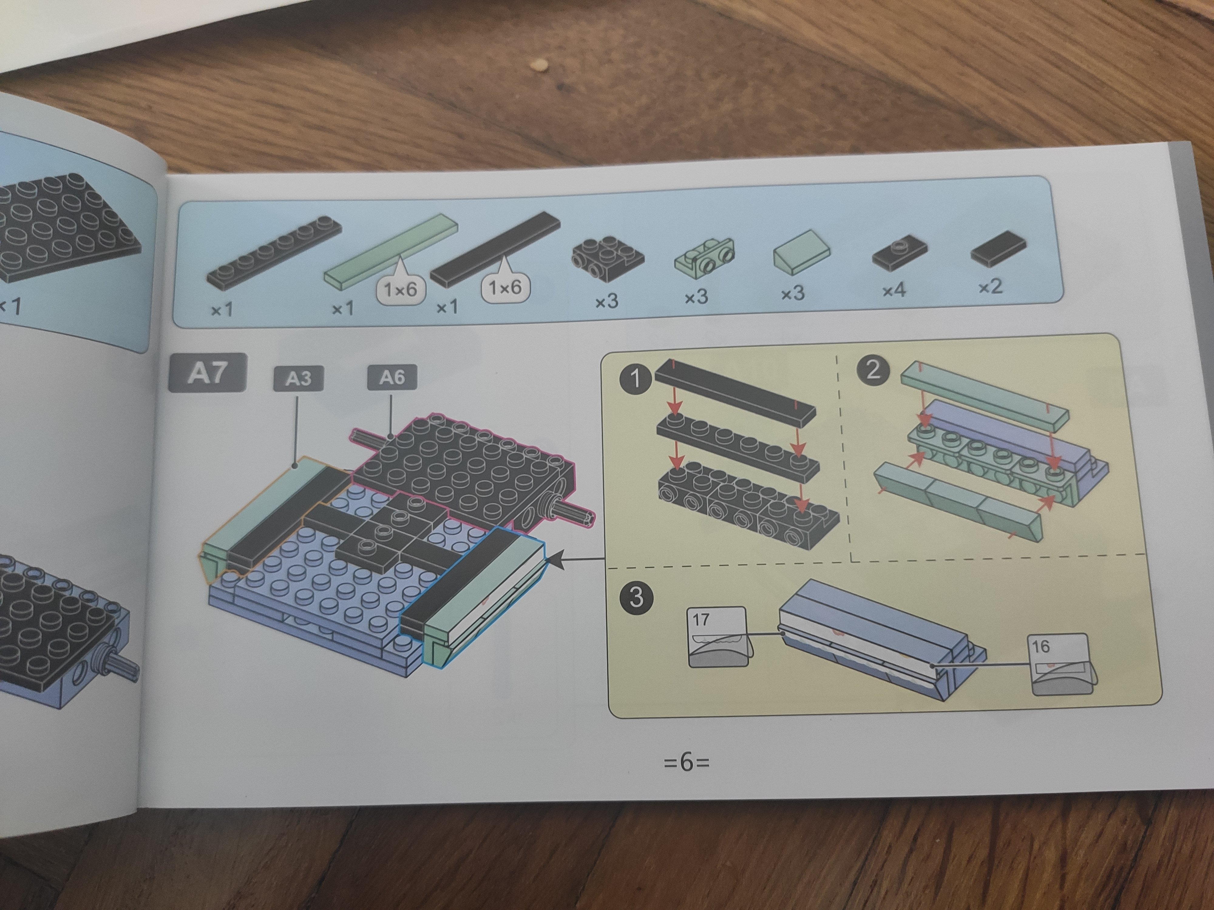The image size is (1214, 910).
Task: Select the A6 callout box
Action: (x=392, y=377)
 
